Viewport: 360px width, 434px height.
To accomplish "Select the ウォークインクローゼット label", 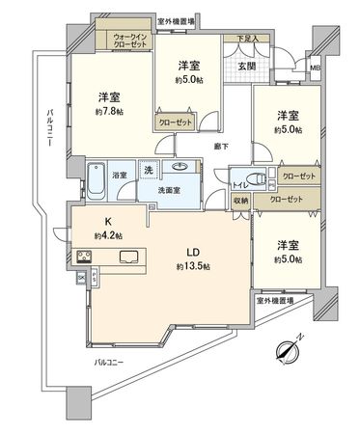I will click(x=126, y=41).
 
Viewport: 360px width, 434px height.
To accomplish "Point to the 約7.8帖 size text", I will click(x=107, y=111).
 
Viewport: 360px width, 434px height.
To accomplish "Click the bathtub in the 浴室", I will click(x=96, y=179).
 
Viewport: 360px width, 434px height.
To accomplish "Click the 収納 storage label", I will click(x=240, y=201).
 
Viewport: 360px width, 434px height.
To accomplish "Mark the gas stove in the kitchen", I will click(x=84, y=256).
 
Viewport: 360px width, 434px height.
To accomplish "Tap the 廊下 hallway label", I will click(x=221, y=147).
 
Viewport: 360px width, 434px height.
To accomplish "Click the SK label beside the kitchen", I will click(x=81, y=277).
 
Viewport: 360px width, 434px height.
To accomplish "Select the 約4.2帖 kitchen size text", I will click(x=109, y=234).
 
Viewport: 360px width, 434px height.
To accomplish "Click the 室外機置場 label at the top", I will click(x=176, y=20).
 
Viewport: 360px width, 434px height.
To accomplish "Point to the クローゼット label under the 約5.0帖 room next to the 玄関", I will click(x=178, y=123).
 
